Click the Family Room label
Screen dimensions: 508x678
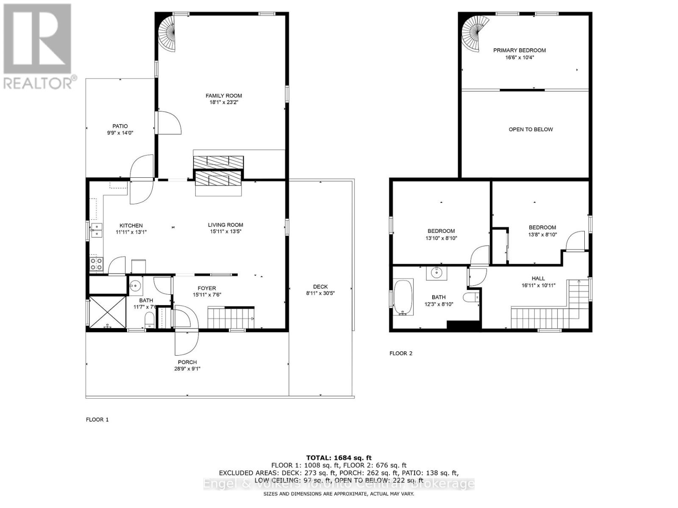tap(224, 96)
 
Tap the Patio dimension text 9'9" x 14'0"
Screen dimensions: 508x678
tap(120, 133)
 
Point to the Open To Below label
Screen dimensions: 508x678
tap(531, 130)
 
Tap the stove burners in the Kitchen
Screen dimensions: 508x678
tap(96, 264)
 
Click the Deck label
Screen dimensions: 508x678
tap(320, 287)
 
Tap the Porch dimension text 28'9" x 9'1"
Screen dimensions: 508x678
tap(187, 369)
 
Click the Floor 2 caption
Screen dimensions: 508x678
tap(400, 353)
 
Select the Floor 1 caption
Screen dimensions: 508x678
tap(97, 420)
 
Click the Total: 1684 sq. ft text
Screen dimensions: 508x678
tap(339, 458)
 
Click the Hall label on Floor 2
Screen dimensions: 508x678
tap(538, 279)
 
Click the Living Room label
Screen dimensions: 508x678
tap(225, 225)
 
